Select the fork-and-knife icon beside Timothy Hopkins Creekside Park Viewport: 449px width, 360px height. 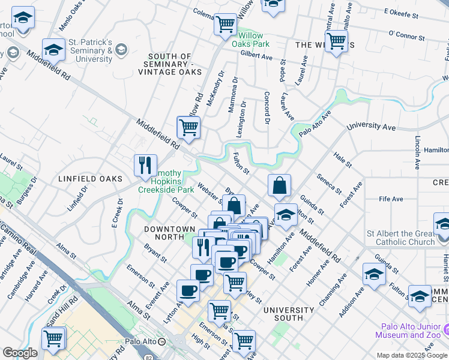pyautogui.click(x=145, y=166)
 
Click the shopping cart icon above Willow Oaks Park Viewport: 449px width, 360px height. pyautogui.click(x=225, y=25)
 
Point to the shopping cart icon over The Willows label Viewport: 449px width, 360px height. pyautogui.click(x=336, y=41)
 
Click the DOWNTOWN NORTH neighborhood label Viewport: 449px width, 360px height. pyautogui.click(x=169, y=233)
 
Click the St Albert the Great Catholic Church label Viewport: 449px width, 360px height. pyautogui.click(x=400, y=238)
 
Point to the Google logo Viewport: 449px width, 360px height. pyautogui.click(x=20, y=353)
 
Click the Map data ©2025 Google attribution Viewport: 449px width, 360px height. pyautogui.click(x=412, y=355)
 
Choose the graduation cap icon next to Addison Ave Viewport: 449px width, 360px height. pyautogui.click(x=374, y=274)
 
